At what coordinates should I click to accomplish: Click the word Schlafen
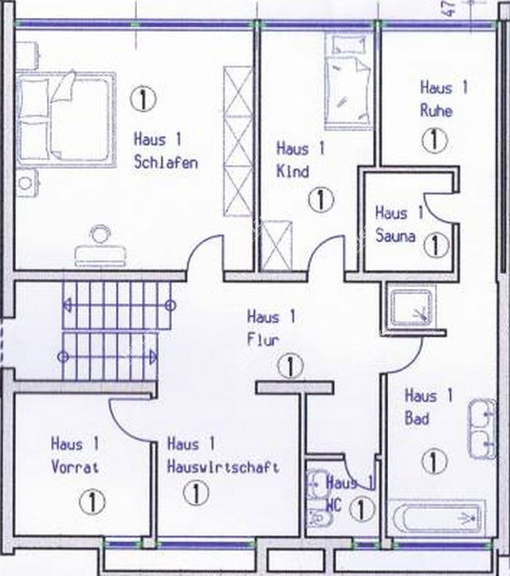(x=166, y=163)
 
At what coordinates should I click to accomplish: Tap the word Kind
(x=292, y=171)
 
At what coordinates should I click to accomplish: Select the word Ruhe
(x=436, y=111)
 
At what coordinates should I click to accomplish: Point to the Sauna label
(x=395, y=236)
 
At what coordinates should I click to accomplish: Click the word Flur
(x=263, y=339)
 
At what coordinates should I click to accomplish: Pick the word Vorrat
(x=75, y=468)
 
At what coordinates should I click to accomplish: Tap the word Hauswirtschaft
(x=223, y=467)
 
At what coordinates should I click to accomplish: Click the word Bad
(x=417, y=418)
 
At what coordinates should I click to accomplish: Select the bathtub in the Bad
(x=437, y=518)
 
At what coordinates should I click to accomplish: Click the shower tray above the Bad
(x=411, y=308)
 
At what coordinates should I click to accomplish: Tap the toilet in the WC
(x=320, y=519)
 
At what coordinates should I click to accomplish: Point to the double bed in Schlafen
(x=66, y=120)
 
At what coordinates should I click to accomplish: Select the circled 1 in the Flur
(x=290, y=366)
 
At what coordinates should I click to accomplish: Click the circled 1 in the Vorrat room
(x=92, y=502)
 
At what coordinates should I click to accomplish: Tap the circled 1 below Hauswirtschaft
(x=196, y=493)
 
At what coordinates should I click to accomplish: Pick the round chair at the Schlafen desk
(x=100, y=234)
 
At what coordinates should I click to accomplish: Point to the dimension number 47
(x=449, y=8)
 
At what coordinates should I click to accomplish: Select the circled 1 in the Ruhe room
(x=434, y=140)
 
